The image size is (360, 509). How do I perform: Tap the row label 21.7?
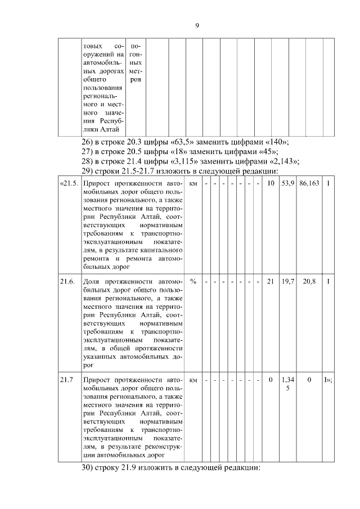coord(66,380)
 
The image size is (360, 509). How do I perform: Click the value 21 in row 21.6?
coord(270,282)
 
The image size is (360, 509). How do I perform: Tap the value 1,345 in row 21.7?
coord(287,384)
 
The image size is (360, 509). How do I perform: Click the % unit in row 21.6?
coord(193,282)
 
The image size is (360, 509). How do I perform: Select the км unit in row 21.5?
coord(193,183)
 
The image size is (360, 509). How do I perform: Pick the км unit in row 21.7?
coord(193,380)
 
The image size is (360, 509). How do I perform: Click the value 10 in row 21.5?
coord(270,183)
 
